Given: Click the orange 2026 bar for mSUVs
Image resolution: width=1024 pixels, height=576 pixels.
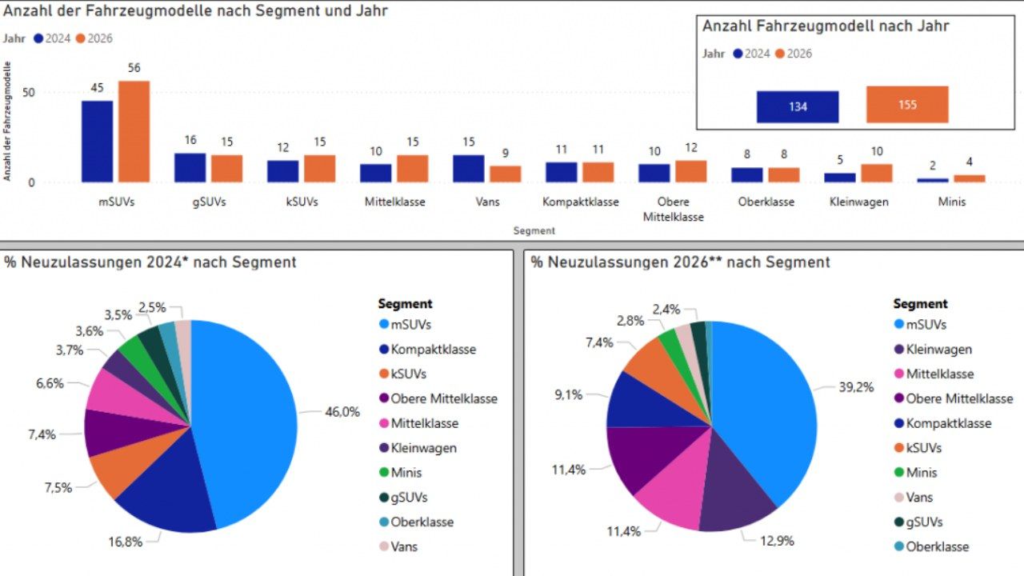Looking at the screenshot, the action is click(x=134, y=132).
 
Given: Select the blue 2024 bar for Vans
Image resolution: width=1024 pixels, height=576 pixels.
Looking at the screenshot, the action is click(x=469, y=169).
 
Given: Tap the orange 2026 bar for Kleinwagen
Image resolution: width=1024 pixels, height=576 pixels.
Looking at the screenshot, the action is click(x=877, y=174).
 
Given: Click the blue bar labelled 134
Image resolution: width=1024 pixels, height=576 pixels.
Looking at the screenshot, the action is click(x=798, y=107).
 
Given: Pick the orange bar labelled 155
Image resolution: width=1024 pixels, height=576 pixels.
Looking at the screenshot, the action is click(x=907, y=105).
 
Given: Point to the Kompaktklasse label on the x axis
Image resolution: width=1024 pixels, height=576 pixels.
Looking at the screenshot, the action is click(x=581, y=202).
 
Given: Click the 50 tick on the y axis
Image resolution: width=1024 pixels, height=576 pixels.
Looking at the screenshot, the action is click(x=28, y=93).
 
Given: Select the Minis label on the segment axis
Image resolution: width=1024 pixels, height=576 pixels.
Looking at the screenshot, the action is click(x=952, y=202).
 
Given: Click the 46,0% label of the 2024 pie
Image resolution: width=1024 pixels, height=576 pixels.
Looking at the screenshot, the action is click(x=342, y=412).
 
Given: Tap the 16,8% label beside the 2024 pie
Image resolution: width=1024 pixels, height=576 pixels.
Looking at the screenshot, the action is click(x=126, y=542).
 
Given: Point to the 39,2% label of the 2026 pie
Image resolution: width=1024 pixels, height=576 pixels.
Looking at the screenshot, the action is click(x=856, y=388).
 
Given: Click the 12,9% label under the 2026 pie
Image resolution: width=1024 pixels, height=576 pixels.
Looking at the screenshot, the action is click(x=777, y=542).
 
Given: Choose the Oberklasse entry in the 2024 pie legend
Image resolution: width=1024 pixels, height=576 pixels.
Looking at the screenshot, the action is click(x=417, y=522).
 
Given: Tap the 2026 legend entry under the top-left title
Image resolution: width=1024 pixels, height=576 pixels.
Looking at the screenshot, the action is click(x=94, y=38).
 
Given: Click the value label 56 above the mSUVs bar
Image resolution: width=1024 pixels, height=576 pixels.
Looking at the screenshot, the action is click(x=134, y=68).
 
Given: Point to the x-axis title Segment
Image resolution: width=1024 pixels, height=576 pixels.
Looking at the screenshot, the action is click(x=534, y=231).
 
